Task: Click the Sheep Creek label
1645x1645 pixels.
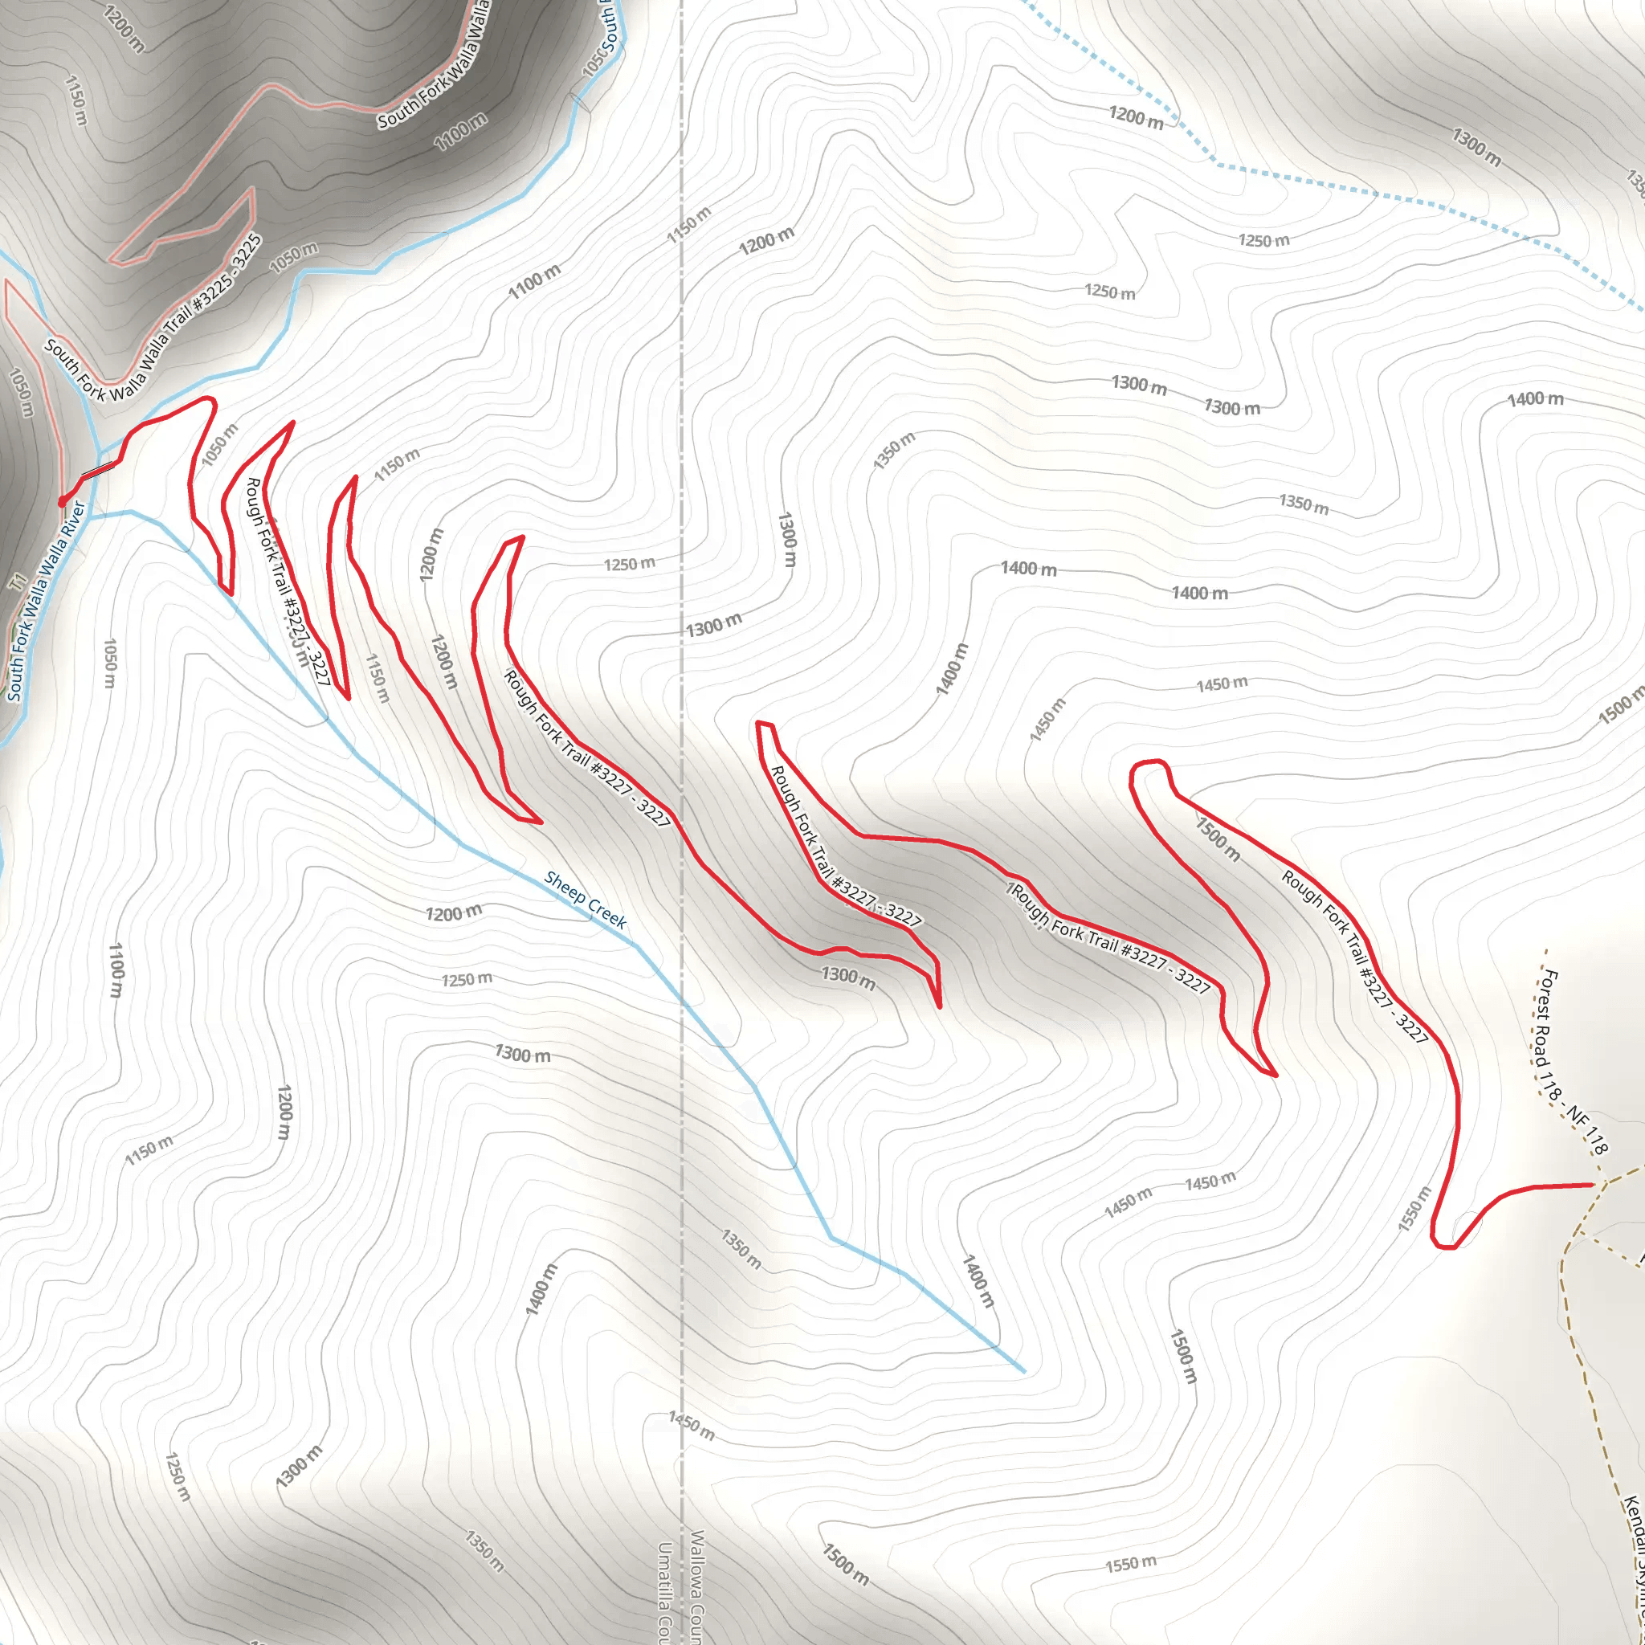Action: (585, 899)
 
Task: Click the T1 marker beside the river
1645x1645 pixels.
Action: (17, 582)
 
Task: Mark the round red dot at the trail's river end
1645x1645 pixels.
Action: (62, 501)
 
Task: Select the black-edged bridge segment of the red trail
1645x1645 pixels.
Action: (99, 470)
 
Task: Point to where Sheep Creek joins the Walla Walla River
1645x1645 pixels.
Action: (91, 516)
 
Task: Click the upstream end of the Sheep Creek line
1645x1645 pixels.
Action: (1023, 1372)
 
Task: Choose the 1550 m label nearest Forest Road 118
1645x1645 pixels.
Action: (1414, 1207)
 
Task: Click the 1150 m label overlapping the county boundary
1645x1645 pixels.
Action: (688, 224)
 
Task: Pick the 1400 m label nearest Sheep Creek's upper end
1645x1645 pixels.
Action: (978, 1280)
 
